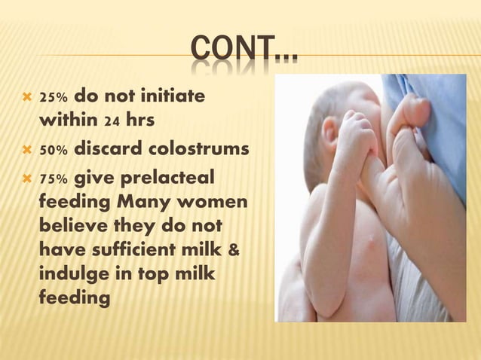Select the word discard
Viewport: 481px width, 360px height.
click(112, 149)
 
